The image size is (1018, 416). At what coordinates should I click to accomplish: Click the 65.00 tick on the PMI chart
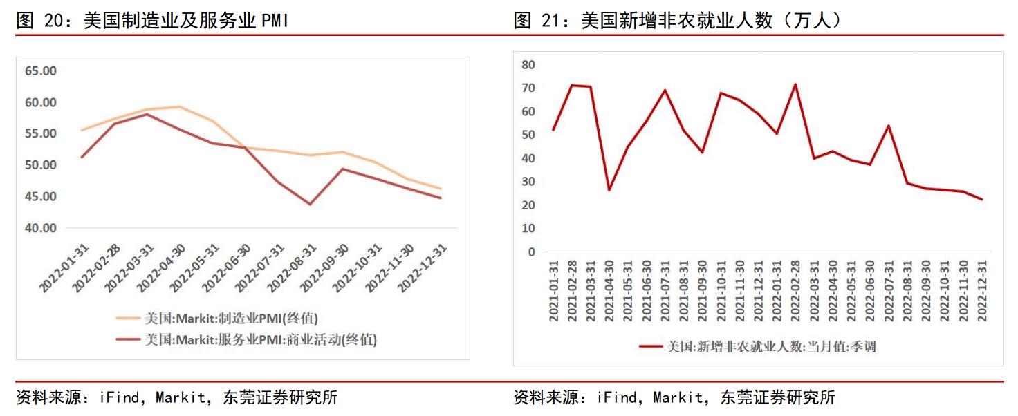click(x=41, y=71)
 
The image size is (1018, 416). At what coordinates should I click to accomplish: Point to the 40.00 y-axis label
click(x=41, y=228)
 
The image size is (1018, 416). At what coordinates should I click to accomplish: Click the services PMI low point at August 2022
click(x=310, y=204)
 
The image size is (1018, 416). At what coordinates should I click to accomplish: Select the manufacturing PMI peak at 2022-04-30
click(x=180, y=106)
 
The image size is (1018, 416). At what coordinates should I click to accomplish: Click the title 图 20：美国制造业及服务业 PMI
click(x=152, y=21)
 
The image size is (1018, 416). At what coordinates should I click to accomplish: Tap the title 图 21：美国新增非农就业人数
click(x=678, y=21)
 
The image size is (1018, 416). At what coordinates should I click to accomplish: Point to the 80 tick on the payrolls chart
click(x=528, y=65)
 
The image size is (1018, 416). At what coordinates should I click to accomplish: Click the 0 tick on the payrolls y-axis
click(x=532, y=252)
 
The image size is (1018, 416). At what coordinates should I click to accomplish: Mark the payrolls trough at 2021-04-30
click(x=609, y=190)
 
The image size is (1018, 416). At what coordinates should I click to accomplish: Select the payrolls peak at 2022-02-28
click(x=795, y=84)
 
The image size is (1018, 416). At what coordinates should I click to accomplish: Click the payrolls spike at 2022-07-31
click(x=889, y=126)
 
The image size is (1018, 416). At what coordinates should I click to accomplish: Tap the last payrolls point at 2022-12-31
click(x=981, y=199)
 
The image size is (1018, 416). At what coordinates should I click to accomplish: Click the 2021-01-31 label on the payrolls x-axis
click(x=554, y=290)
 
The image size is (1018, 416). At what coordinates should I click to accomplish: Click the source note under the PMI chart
click(x=177, y=397)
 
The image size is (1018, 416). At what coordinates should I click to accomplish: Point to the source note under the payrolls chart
click(x=674, y=397)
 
